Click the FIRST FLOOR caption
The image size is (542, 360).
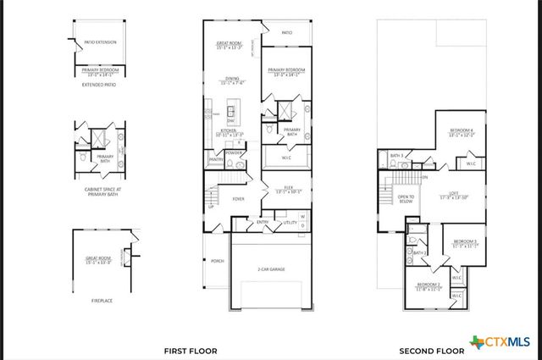pos(191,350)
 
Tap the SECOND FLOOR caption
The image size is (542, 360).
pos(431,350)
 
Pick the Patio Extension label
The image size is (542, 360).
pos(100,42)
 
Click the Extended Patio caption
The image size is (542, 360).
pos(99,85)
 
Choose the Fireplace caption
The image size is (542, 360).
pos(100,300)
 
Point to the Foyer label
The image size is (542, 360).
pos(239,199)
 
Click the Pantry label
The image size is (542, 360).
pos(216,159)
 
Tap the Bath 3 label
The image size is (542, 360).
pos(395,155)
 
